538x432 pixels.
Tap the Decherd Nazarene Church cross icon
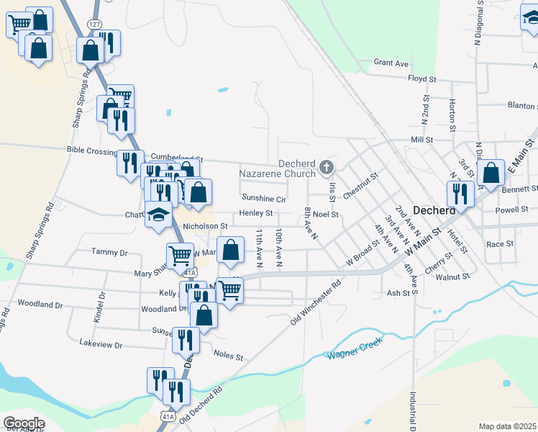pos(327,168)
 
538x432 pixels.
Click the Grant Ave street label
pos(391,63)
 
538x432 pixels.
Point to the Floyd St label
pos(422,78)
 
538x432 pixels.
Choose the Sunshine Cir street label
pos(264,198)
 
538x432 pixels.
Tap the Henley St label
pos(256,213)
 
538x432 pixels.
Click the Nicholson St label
pos(205,226)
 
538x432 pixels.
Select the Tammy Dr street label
pos(109,253)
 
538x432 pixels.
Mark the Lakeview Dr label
pos(101,345)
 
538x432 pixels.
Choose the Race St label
pos(499,244)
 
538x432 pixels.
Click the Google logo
pos(24,423)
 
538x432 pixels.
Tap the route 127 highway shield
pos(94,24)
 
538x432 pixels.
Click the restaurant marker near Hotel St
pos(460,193)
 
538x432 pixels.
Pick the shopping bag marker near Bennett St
pos(491,173)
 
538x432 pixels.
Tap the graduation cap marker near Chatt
pos(158,215)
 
